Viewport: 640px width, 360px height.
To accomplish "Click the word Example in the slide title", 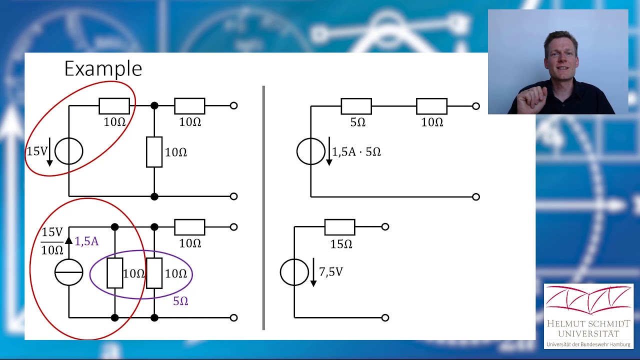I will click(103, 68).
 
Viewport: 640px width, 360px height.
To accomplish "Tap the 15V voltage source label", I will click(36, 151).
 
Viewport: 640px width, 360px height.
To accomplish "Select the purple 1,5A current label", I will click(86, 241).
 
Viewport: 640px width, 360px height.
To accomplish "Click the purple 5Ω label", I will click(180, 301).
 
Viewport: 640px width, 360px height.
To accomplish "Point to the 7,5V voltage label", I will click(331, 272).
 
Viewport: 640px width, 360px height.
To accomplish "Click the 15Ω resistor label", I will click(341, 244).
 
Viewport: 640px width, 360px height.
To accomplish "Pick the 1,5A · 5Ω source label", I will click(356, 151).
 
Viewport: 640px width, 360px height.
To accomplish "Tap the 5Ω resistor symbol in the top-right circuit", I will click(356, 106).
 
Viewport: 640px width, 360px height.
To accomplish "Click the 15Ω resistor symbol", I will click(339, 227).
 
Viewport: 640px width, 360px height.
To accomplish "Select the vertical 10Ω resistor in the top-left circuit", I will click(154, 151).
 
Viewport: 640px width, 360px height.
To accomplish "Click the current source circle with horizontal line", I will click(68, 272).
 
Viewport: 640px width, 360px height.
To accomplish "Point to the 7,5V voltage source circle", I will click(294, 272).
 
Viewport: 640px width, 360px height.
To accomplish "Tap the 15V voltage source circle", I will click(68, 151).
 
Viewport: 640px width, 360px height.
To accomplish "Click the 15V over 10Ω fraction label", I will click(52, 241).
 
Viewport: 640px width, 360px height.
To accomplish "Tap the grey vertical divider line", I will click(263, 207).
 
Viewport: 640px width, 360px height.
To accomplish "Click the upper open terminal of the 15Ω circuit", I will click(385, 227).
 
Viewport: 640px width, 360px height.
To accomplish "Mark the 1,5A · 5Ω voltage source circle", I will click(310, 151).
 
